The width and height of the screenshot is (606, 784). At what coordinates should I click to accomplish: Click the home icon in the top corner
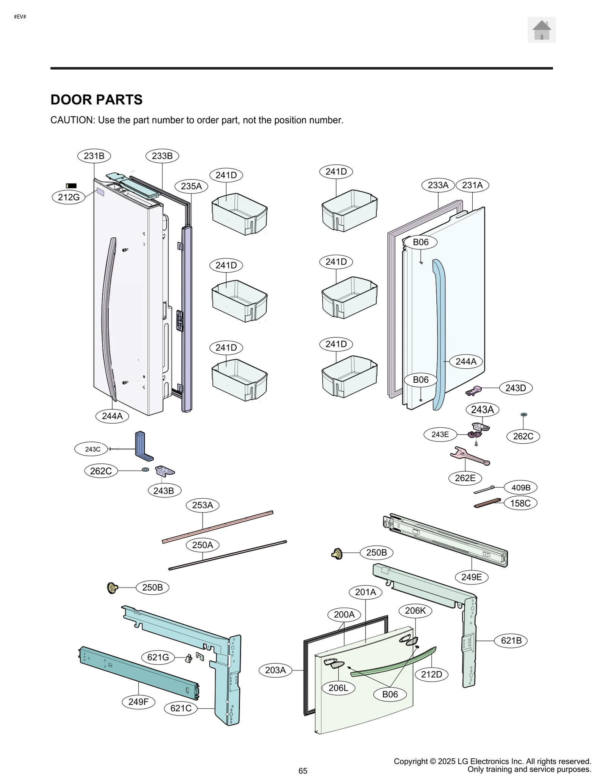click(541, 30)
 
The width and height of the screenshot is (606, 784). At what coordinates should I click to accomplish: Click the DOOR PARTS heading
click(96, 100)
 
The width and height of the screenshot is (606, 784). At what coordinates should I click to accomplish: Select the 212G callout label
click(69, 197)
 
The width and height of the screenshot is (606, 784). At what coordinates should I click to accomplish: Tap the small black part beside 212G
click(71, 185)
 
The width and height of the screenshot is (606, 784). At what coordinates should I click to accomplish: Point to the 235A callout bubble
click(191, 186)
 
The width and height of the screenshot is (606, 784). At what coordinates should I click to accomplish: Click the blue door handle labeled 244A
click(439, 333)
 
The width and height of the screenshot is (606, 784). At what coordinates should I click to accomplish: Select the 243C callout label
click(92, 449)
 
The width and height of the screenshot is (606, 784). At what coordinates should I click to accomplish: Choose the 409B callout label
click(521, 488)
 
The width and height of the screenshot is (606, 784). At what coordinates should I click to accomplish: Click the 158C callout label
click(520, 503)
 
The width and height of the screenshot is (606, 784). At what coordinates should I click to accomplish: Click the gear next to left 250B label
click(112, 588)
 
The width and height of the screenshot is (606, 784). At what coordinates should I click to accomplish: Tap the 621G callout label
click(158, 657)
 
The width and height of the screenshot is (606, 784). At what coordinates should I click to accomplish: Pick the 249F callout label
click(138, 701)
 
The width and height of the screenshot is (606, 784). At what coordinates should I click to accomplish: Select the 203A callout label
click(275, 670)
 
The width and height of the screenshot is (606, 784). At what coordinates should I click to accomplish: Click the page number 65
click(303, 771)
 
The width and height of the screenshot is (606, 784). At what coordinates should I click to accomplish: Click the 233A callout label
click(438, 185)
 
